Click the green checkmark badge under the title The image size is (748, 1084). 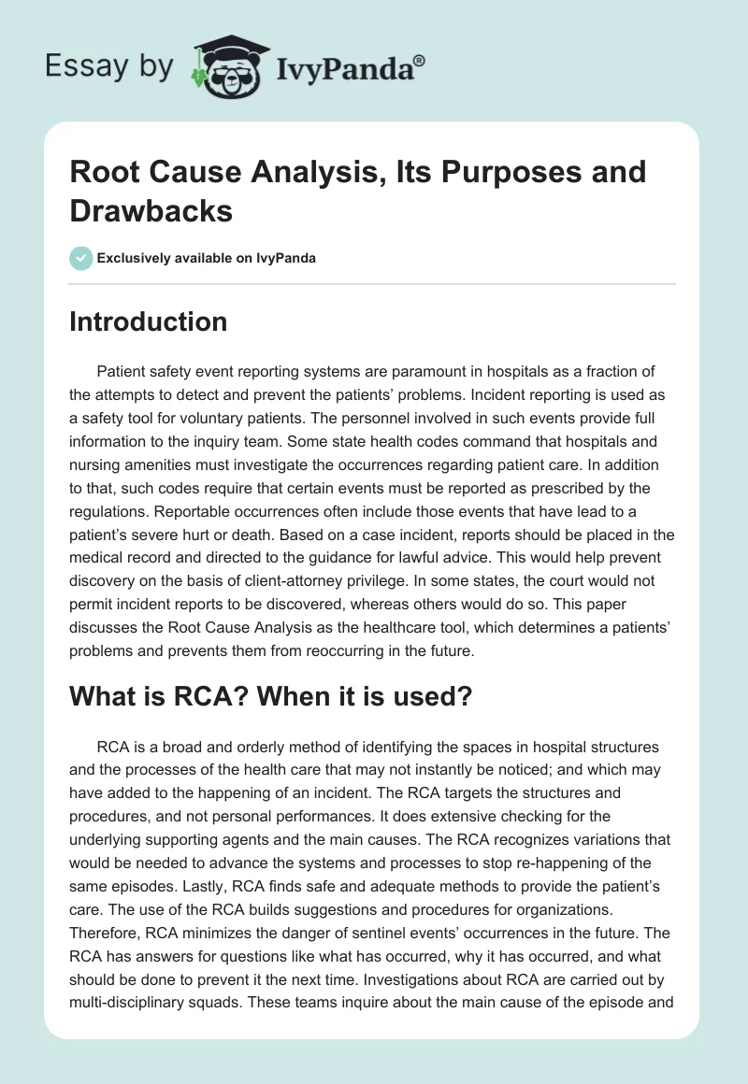(x=80, y=258)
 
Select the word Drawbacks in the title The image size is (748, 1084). (x=151, y=209)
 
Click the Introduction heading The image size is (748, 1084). (x=148, y=321)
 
